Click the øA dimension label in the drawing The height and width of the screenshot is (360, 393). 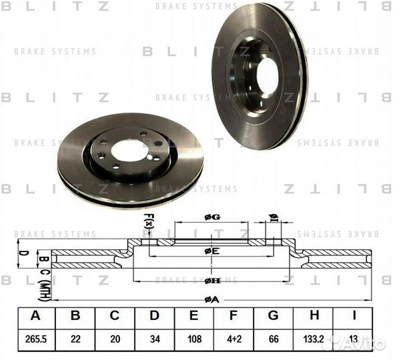(212, 299)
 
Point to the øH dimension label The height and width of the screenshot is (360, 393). (212, 281)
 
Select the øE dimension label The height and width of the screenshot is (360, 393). (212, 251)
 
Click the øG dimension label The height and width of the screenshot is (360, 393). (212, 217)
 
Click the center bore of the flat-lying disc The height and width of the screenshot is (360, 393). (129, 150)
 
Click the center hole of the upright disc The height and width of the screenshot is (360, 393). (267, 75)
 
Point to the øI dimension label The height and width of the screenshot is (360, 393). (273, 217)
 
